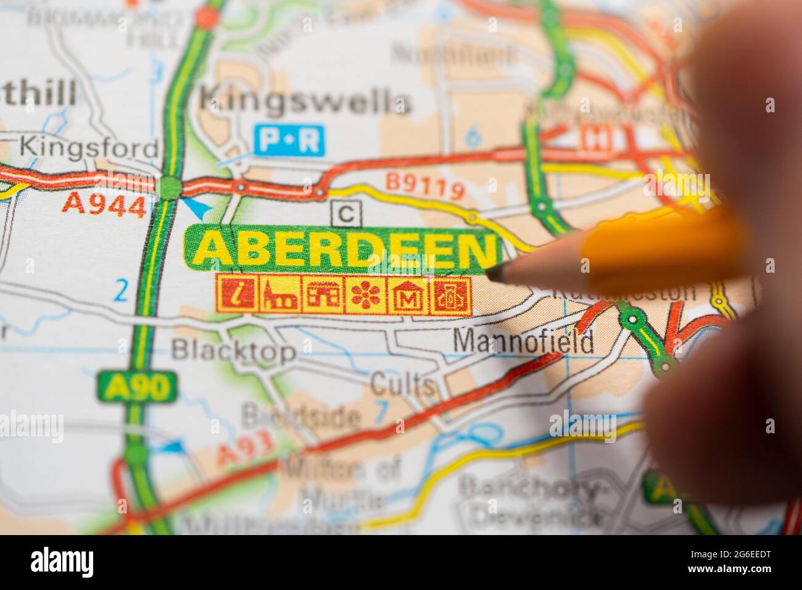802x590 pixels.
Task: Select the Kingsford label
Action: click(x=89, y=148)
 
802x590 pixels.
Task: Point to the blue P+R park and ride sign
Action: click(x=289, y=141)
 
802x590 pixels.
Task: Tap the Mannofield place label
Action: click(x=524, y=341)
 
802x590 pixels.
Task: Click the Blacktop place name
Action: click(x=233, y=351)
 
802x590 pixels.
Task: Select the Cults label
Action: click(x=402, y=385)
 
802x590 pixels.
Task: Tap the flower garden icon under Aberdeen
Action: click(x=368, y=294)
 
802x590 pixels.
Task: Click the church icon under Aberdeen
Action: click(x=279, y=294)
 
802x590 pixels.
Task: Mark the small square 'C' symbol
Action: click(x=347, y=213)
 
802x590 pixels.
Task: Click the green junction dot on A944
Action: click(x=168, y=186)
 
